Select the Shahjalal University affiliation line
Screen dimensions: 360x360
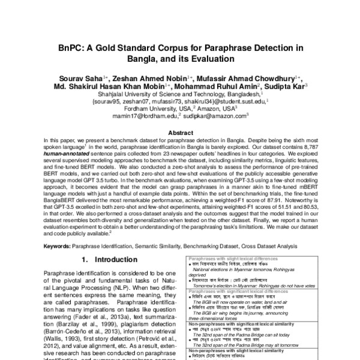(x=180, y=95)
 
